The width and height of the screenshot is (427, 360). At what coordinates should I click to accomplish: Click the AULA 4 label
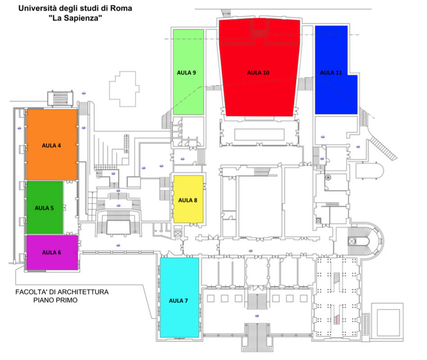pos(51,145)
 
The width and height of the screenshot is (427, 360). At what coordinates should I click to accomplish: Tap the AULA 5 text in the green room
pos(44,208)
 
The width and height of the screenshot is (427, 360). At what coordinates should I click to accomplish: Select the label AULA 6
pos(51,252)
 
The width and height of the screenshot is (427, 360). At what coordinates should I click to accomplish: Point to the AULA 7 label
pos(179,301)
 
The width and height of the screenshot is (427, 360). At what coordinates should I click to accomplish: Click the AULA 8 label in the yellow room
pos(188,200)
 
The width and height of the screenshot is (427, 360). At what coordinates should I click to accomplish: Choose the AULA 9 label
pos(186,72)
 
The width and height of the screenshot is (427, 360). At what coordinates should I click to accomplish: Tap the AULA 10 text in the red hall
pos(258,72)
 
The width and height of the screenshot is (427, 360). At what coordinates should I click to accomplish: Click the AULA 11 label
pos(331,72)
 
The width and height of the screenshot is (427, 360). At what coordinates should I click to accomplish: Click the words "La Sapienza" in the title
pos(75,18)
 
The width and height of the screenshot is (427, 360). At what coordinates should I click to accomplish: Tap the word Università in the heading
pos(36,9)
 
